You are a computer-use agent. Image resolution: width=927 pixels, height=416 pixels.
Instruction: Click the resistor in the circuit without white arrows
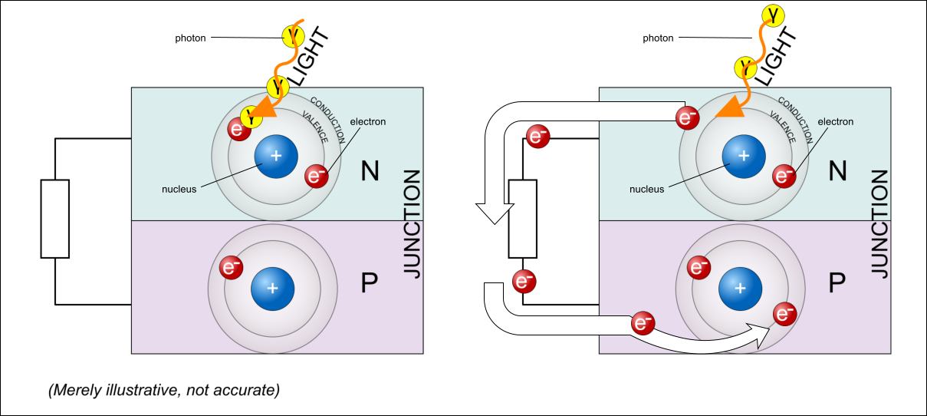point(54,219)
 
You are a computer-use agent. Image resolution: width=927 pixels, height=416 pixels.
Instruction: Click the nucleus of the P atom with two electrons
point(739,288)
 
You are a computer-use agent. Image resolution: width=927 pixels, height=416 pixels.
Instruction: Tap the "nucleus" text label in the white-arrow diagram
point(646,187)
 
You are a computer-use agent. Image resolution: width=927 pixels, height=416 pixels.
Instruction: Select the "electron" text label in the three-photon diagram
point(367,121)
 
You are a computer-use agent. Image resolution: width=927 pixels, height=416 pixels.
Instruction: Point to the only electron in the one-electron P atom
point(231,269)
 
